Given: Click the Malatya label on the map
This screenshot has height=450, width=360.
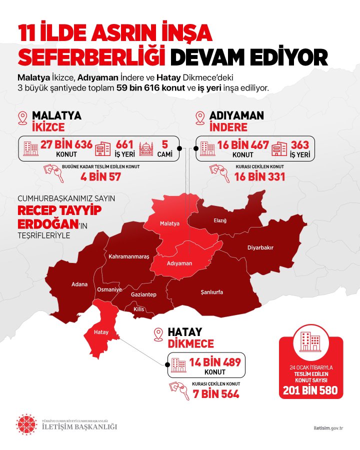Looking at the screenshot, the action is [169, 223].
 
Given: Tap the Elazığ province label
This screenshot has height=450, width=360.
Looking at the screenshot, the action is [220, 220].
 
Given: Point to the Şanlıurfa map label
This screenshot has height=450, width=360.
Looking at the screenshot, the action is [211, 292].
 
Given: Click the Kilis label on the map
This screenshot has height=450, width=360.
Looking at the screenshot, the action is [138, 309].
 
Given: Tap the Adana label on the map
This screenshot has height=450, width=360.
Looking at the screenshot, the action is [79, 284].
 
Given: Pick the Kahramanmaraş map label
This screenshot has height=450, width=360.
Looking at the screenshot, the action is [129, 256].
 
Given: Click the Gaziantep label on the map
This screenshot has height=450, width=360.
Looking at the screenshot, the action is [143, 295].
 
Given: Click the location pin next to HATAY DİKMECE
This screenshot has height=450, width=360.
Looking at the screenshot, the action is [159, 334].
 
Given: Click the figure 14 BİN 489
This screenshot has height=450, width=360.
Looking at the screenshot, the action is [215, 362].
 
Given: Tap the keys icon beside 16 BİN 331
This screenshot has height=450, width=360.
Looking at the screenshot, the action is [220, 173].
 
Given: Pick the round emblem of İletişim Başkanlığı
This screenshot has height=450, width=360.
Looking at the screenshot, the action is [26, 424].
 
